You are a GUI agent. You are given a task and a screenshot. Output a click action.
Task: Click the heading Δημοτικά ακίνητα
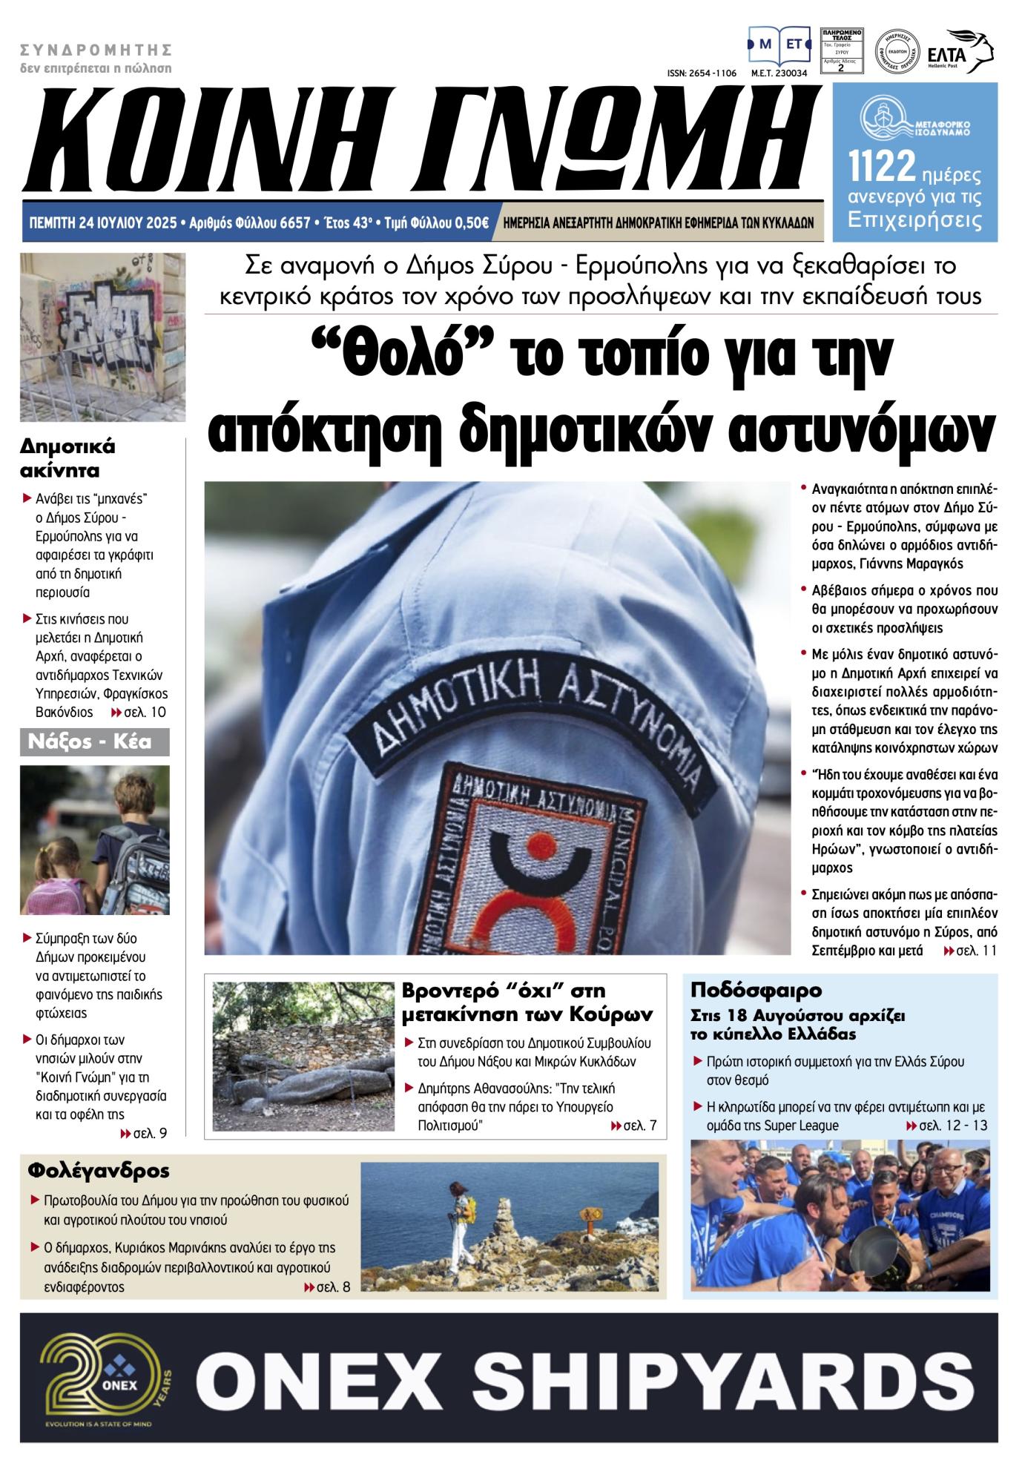(x=67, y=458)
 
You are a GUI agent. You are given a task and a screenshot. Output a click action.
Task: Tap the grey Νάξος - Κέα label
(x=95, y=741)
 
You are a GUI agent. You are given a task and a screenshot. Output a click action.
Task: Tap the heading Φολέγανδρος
(x=99, y=1171)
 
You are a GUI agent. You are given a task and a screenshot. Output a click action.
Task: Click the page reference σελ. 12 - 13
(x=947, y=1126)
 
